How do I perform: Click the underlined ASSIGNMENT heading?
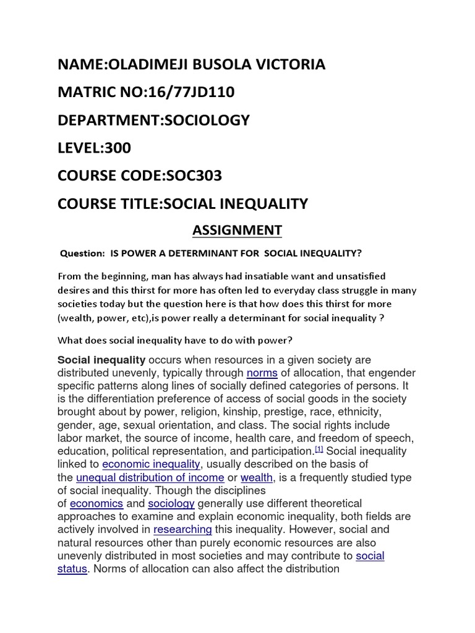(237, 231)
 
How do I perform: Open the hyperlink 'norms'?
(261, 373)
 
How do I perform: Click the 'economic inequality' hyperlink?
(152, 464)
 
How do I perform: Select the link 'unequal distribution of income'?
(150, 477)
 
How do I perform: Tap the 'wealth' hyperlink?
(257, 477)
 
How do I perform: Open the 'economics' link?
(96, 504)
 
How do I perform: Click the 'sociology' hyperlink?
(171, 504)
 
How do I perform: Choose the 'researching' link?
(182, 530)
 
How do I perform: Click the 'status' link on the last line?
(72, 569)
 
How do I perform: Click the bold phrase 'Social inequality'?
(101, 360)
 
